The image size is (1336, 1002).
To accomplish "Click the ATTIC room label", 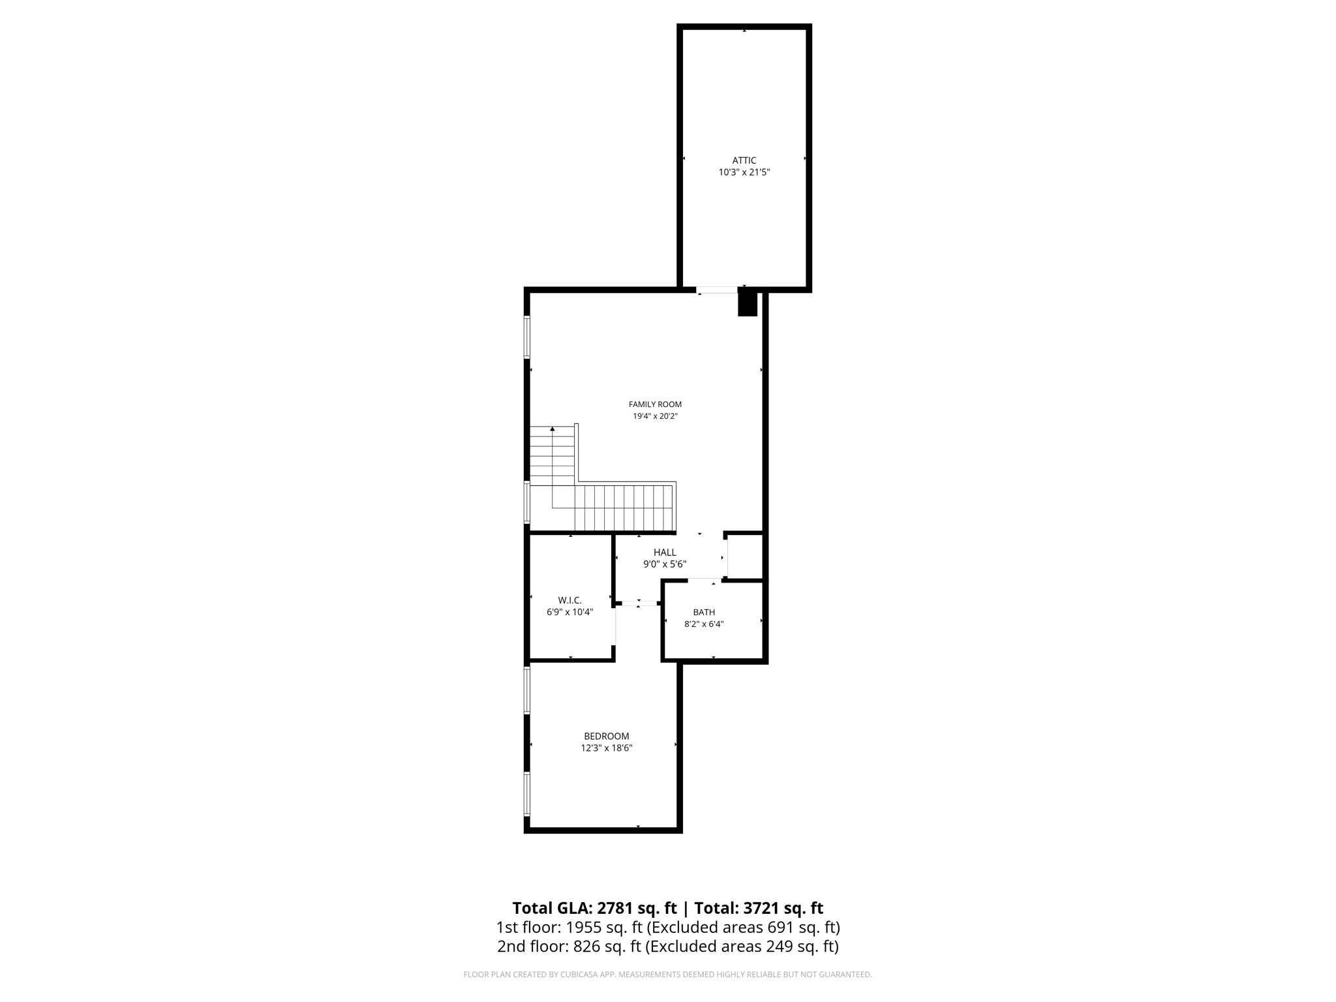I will coord(744,160).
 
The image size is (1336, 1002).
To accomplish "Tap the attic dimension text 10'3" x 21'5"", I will coord(744,172).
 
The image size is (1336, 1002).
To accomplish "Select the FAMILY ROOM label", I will coord(655,404).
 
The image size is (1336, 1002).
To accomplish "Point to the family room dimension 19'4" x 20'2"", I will coord(655,416).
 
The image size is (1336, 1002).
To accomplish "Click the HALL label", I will coord(665,553).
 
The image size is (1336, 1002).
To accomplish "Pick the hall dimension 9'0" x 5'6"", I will coord(665,564).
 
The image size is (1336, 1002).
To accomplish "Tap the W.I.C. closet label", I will coord(569,600).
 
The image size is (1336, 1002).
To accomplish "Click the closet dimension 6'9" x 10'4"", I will coord(569,612).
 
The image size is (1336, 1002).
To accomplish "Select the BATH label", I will coord(704,612).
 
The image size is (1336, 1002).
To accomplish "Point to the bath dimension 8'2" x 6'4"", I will coord(704,624).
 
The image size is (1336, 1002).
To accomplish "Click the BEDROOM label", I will coord(607,736).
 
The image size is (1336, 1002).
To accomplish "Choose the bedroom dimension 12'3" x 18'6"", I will coord(607,748).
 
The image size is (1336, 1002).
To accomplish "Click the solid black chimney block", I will coord(747,304).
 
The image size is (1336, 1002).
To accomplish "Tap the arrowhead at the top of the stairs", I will coord(553,429).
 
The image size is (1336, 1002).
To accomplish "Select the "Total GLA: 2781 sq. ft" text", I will coord(594,908).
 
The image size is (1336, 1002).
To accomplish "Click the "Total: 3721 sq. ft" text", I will coord(759,908).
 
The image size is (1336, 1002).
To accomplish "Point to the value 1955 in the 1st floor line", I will coord(584,928).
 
